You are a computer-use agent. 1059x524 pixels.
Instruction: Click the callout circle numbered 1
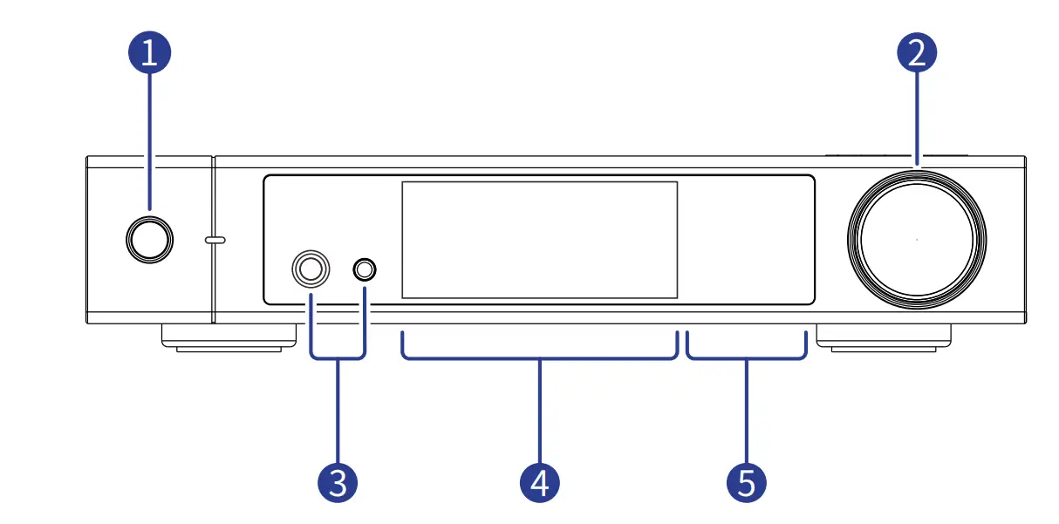pyautogui.click(x=149, y=53)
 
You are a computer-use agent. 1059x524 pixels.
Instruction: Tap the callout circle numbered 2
pyautogui.click(x=917, y=53)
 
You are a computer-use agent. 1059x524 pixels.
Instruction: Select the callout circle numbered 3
pyautogui.click(x=338, y=481)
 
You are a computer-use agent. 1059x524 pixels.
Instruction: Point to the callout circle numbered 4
pyautogui.click(x=540, y=481)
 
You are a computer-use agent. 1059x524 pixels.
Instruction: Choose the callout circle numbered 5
pyautogui.click(x=747, y=481)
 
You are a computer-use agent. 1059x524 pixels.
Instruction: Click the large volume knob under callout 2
pyautogui.click(x=917, y=240)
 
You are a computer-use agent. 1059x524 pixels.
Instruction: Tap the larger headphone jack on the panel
pyautogui.click(x=311, y=269)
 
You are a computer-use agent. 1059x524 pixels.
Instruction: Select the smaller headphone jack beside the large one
pyautogui.click(x=365, y=269)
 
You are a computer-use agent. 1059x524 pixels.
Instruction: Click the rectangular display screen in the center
pyautogui.click(x=539, y=240)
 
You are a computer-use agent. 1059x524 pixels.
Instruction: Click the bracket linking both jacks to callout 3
pyautogui.click(x=338, y=356)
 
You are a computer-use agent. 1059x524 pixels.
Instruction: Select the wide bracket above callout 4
pyautogui.click(x=540, y=357)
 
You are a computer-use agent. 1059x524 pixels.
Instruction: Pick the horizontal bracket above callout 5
pyautogui.click(x=746, y=357)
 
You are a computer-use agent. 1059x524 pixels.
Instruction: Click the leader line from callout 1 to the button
pyautogui.click(x=149, y=140)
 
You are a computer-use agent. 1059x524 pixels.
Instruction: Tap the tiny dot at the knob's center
pyautogui.click(x=917, y=240)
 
